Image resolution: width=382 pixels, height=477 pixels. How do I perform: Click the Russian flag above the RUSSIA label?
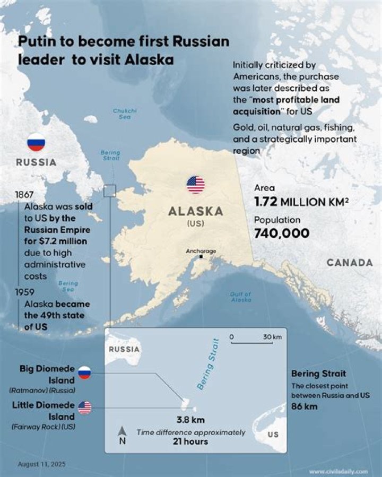(36, 142)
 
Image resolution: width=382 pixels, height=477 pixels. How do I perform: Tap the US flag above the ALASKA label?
(195, 185)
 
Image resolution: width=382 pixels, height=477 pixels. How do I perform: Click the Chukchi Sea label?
(122, 114)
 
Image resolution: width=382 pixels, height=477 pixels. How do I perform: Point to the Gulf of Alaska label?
(240, 297)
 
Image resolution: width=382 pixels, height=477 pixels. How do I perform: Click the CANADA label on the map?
(349, 263)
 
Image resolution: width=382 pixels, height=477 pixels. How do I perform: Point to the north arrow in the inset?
(122, 433)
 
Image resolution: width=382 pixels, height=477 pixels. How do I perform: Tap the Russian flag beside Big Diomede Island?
(84, 372)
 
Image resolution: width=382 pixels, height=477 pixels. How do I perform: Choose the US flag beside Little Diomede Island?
(84, 407)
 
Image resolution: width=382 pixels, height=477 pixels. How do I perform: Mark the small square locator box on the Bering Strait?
(110, 190)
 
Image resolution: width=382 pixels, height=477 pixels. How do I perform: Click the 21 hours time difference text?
(191, 441)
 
